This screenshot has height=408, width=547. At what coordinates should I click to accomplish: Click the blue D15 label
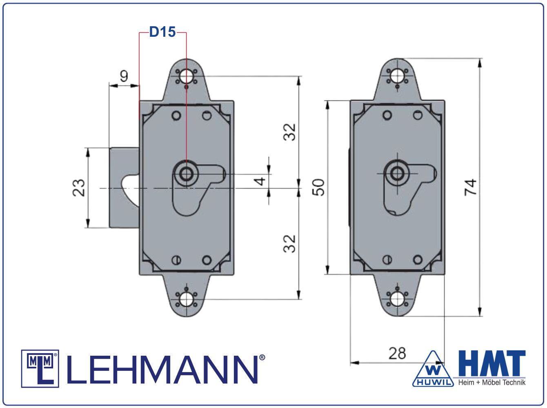coord(162,32)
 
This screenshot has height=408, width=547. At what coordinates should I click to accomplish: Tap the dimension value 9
coord(124,76)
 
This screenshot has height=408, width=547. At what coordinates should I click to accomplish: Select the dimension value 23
coord(79,188)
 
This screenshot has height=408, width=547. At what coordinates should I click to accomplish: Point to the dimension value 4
coord(260,181)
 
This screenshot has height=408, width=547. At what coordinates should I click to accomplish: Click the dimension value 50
coord(318,187)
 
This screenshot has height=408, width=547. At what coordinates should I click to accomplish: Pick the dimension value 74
coord(471,187)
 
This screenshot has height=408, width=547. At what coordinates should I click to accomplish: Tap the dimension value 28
coord(397,353)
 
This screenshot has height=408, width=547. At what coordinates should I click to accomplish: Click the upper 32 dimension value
coord(289,132)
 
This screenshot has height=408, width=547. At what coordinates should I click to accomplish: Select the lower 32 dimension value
coord(289,244)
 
